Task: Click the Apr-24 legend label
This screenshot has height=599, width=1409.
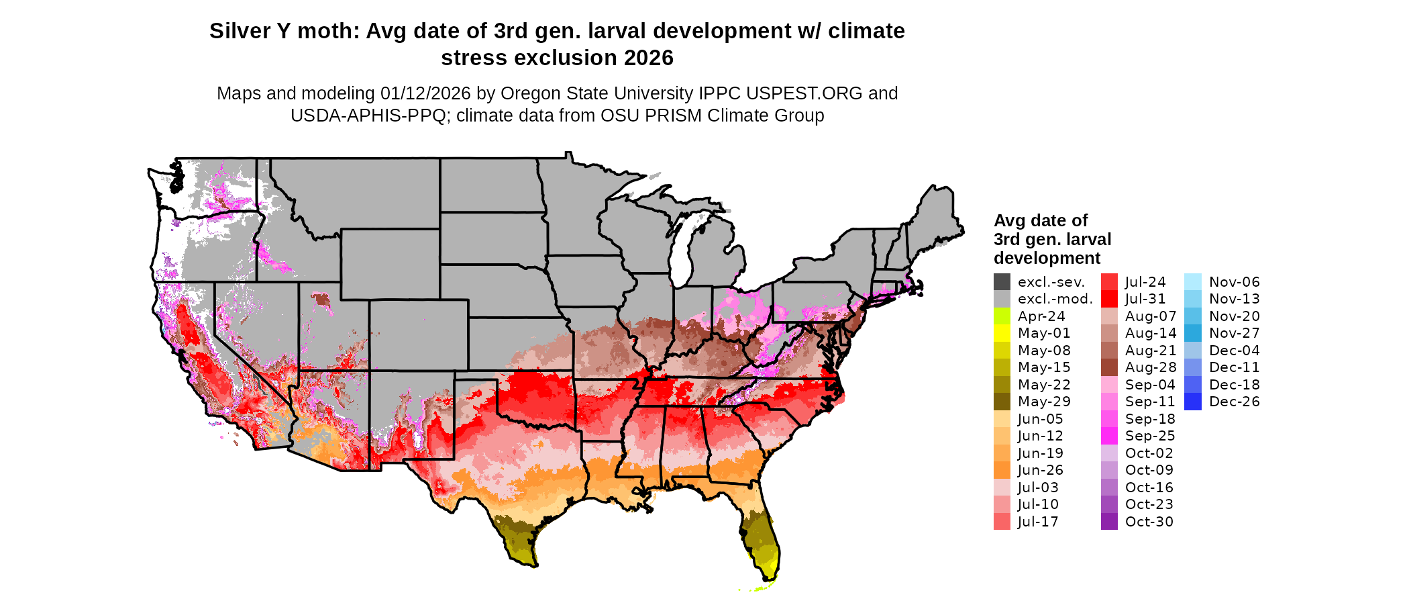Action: tap(1041, 316)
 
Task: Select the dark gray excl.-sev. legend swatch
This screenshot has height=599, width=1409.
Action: tap(1002, 282)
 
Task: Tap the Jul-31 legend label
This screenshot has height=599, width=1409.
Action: tap(1145, 299)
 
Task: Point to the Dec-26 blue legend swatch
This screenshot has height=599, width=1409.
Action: tap(1193, 402)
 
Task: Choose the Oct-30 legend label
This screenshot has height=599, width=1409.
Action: tap(1149, 522)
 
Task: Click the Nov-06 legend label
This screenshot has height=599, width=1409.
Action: tap(1234, 282)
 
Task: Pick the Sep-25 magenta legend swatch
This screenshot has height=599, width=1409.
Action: tap(1109, 436)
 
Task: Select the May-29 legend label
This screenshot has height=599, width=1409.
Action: tap(1043, 402)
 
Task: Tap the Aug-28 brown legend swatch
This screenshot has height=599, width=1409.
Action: tap(1109, 367)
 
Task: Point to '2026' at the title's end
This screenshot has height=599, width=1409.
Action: tap(648, 58)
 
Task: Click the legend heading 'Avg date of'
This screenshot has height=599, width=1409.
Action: tap(1040, 221)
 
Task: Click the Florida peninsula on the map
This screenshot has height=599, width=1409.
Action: tap(762, 541)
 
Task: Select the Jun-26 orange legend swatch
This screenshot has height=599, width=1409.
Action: tap(1002, 470)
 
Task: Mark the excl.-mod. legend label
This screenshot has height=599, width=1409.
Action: tap(1055, 299)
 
